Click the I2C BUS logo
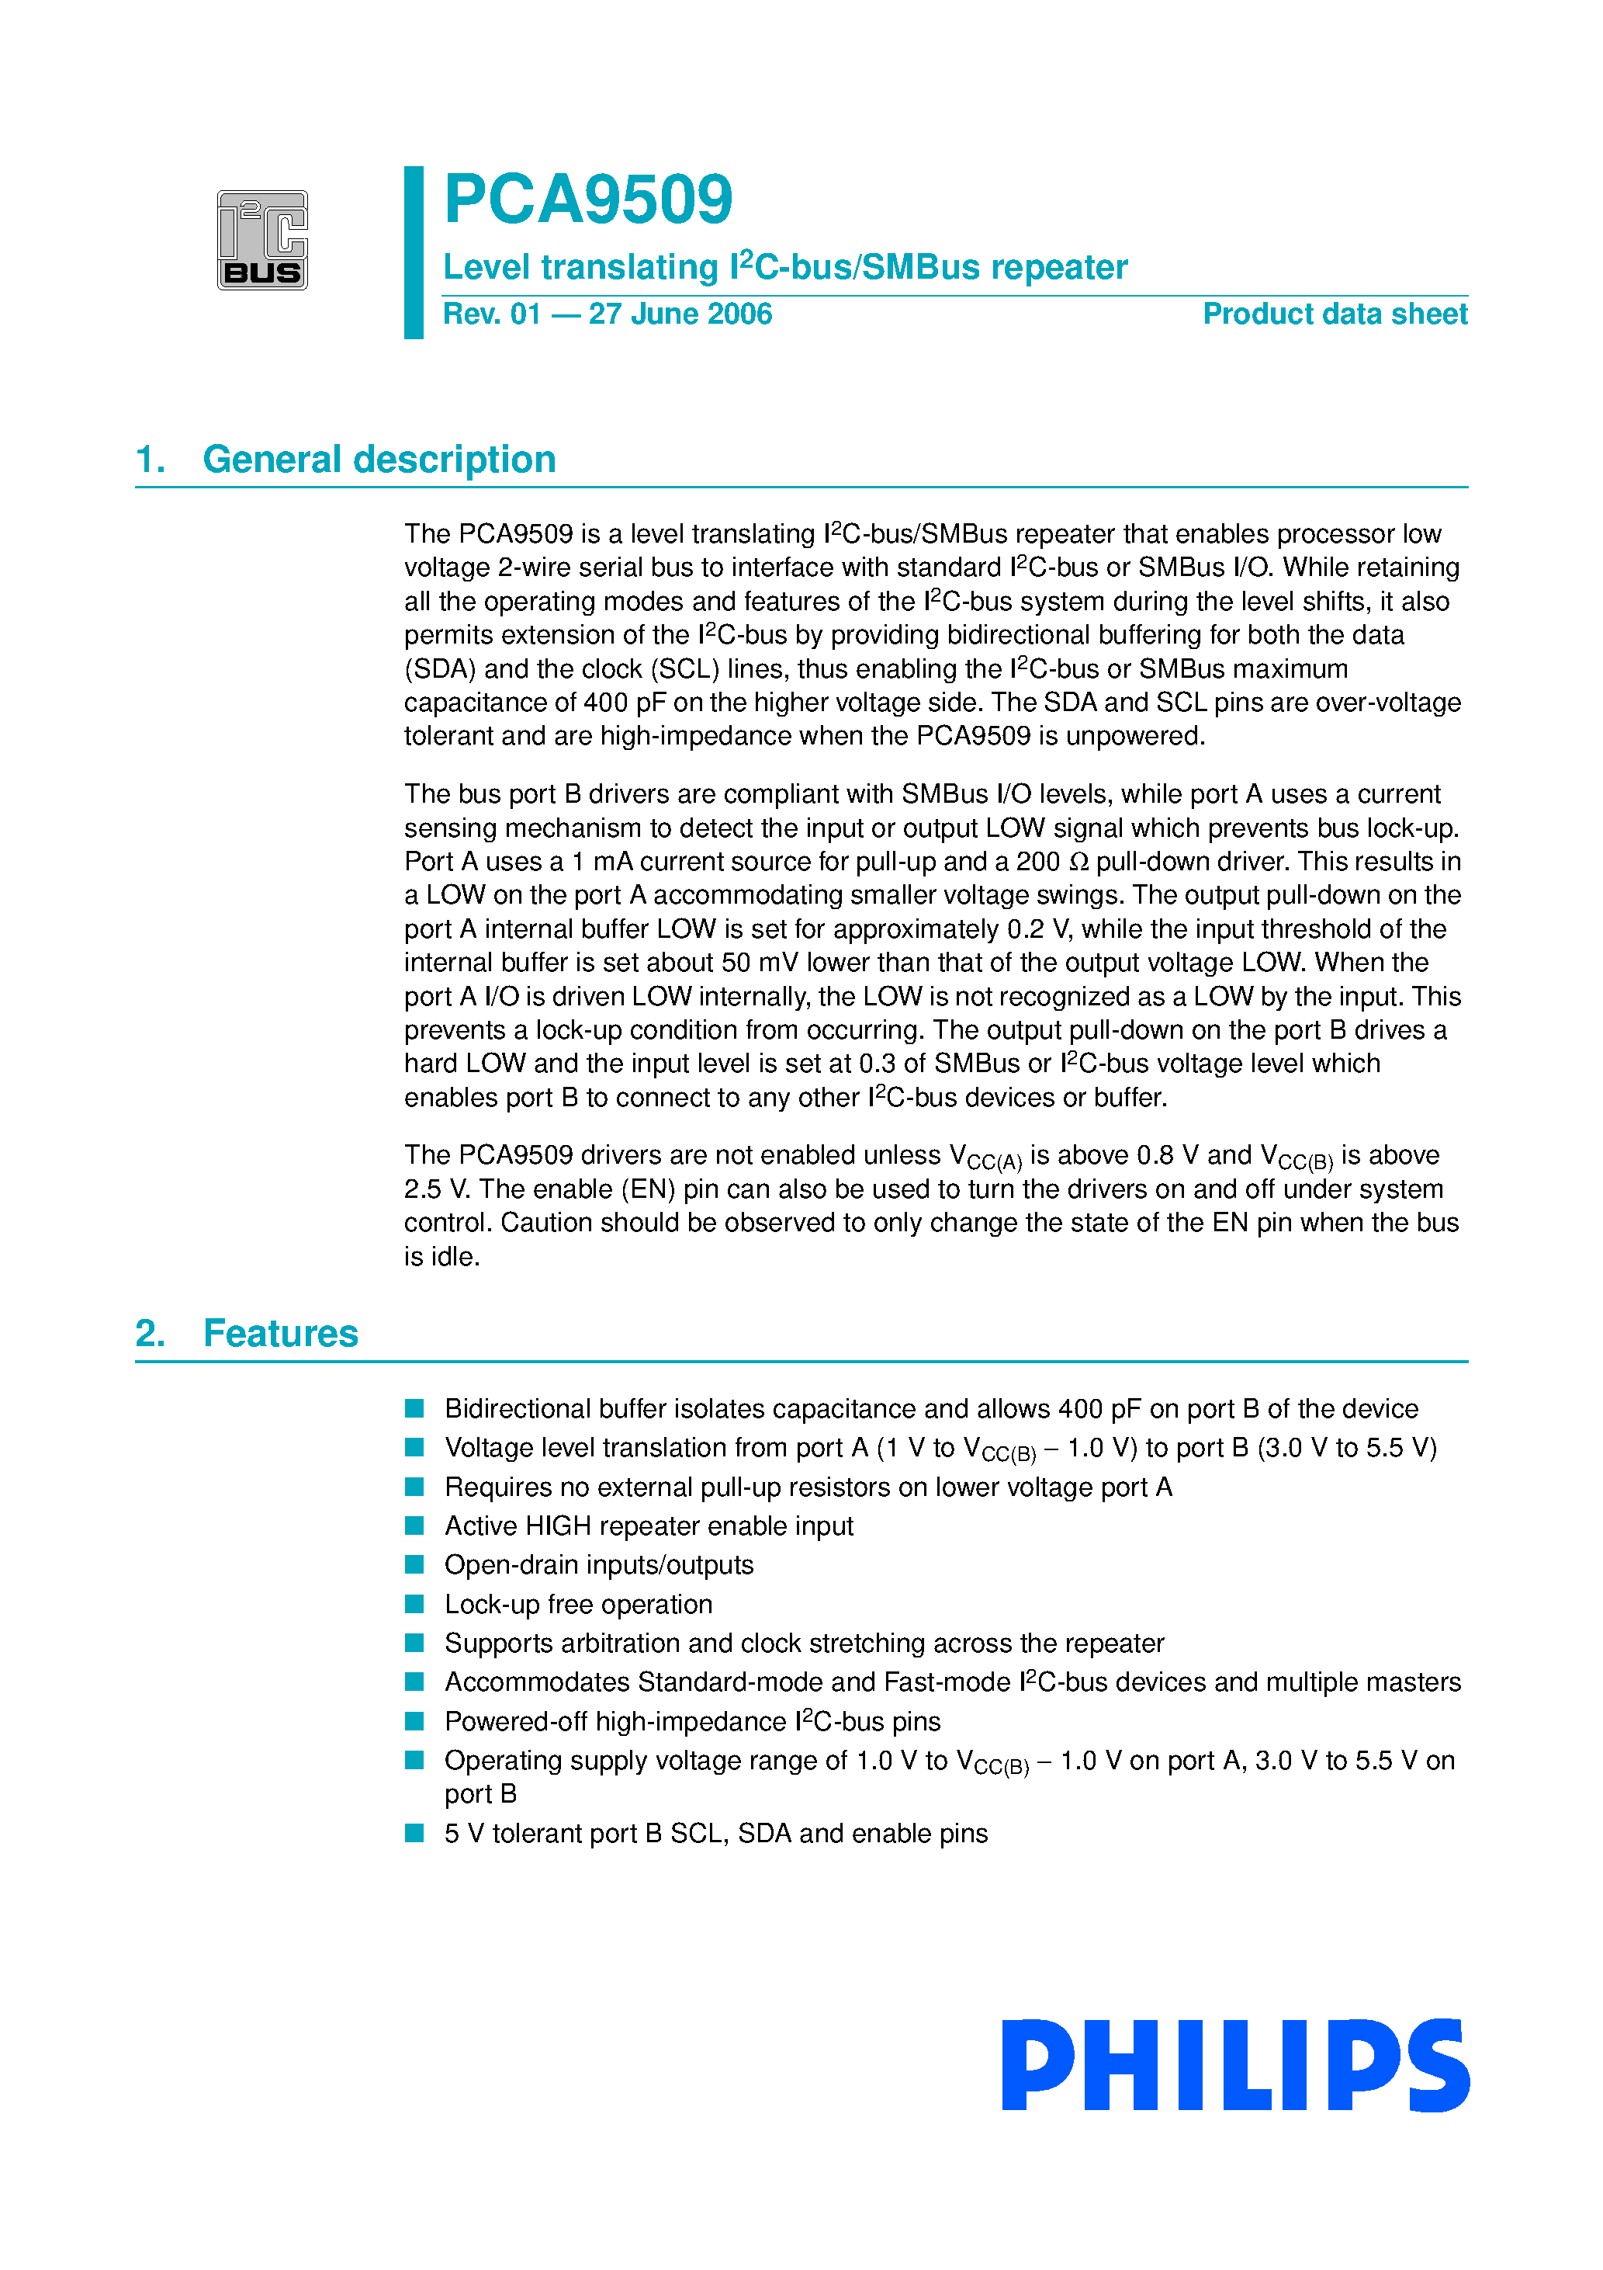(262, 240)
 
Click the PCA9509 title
(588, 200)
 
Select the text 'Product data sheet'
(1335, 314)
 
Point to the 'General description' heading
(379, 460)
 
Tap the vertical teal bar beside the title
(413, 252)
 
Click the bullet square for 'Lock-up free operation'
(414, 1604)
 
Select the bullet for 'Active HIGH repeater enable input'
(414, 1525)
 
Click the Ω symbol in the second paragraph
(1079, 863)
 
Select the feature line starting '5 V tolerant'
(715, 1834)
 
